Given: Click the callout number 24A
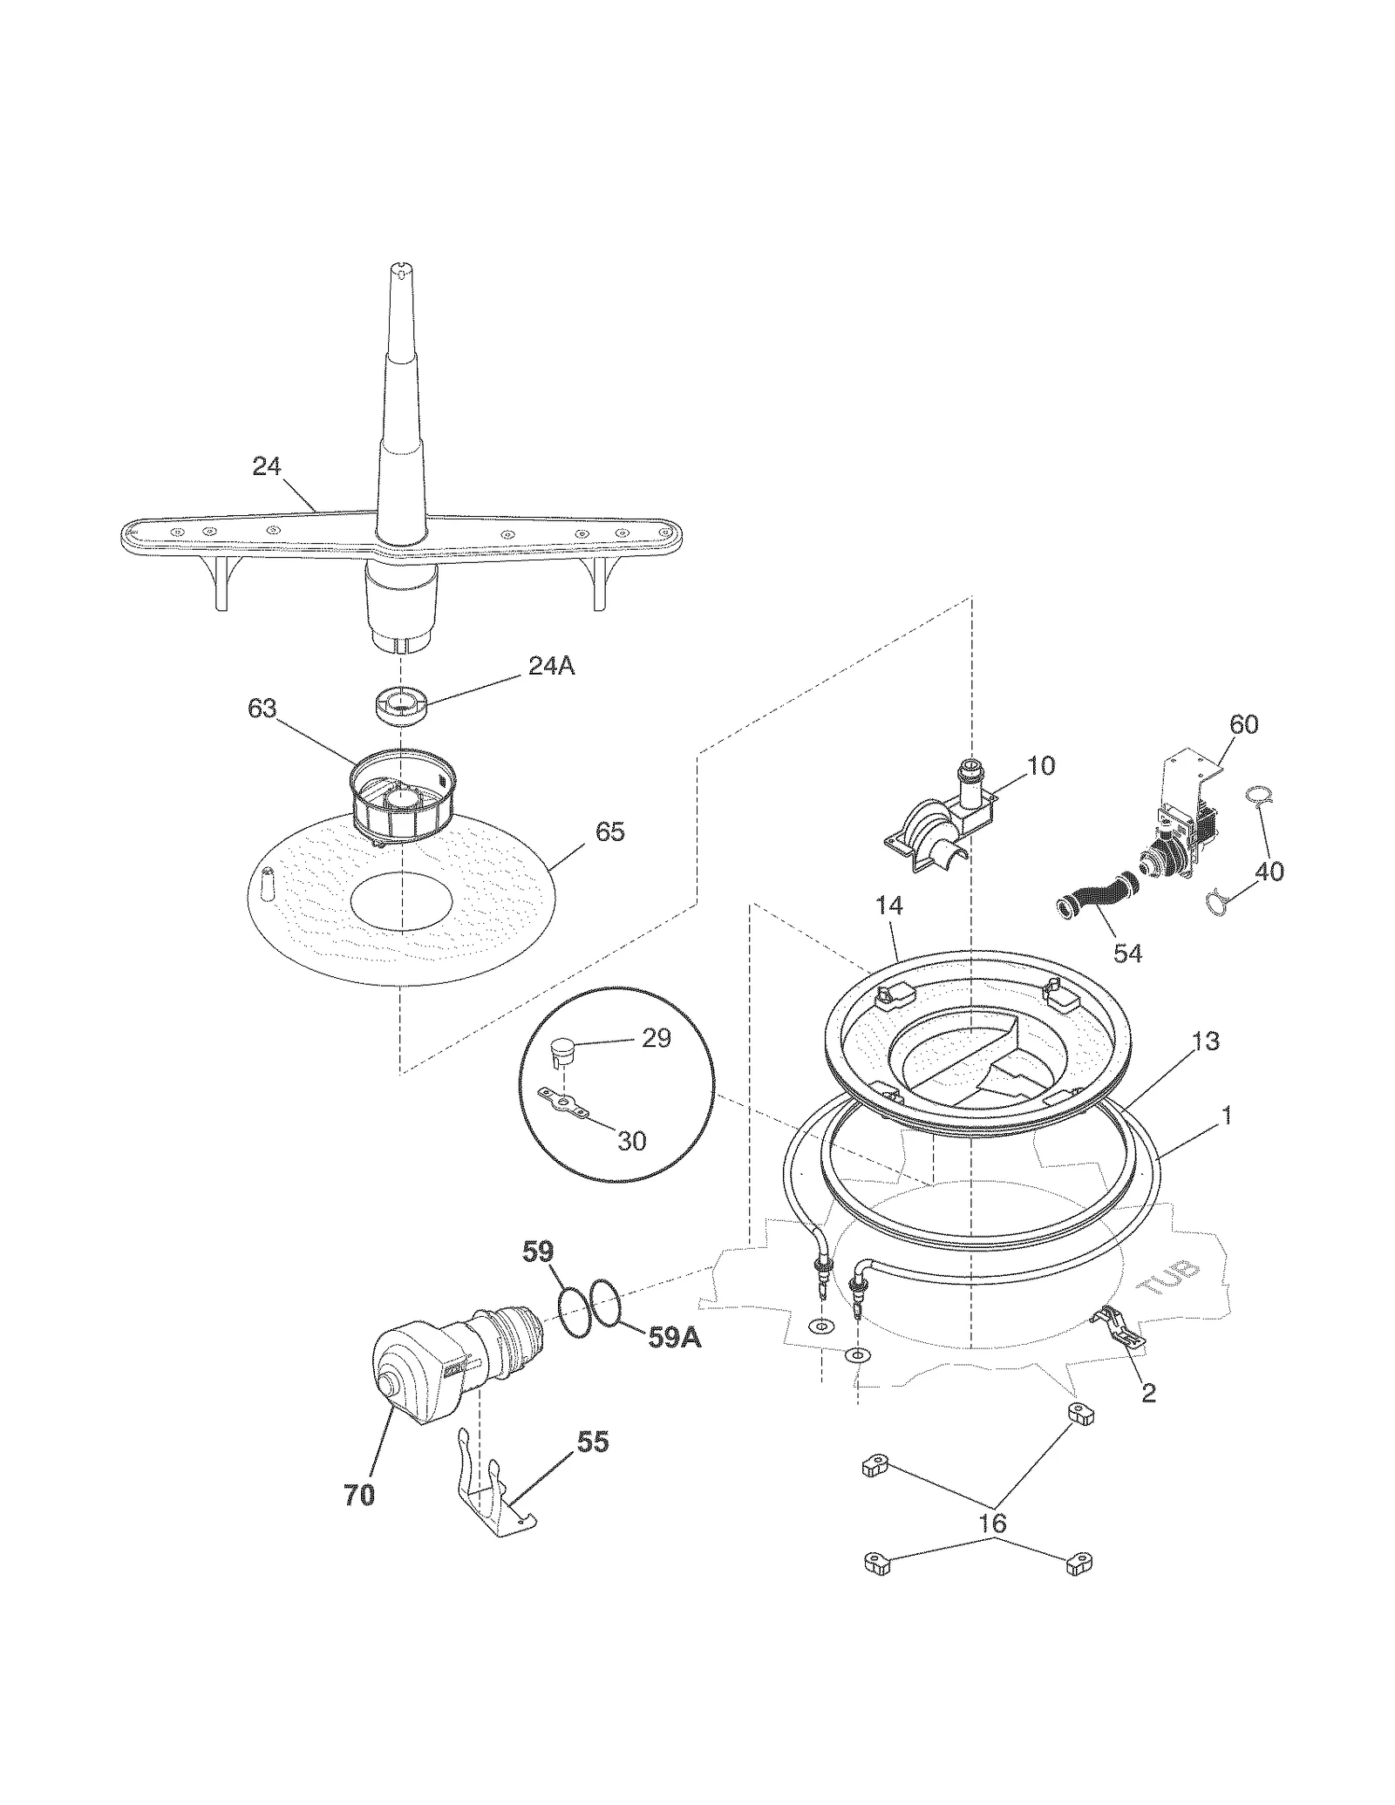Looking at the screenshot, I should pos(551,666).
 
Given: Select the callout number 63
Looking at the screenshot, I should pos(262,709).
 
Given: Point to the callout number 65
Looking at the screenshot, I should pos(609,831).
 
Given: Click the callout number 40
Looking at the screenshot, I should pos(1269,871).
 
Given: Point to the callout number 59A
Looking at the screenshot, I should pos(675,1338).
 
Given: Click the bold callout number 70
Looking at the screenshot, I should pos(358,1496).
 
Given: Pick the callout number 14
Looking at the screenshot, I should pos(889,906).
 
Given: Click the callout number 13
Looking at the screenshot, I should pos(1206,1041).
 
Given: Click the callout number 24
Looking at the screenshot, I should pos(266,467).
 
